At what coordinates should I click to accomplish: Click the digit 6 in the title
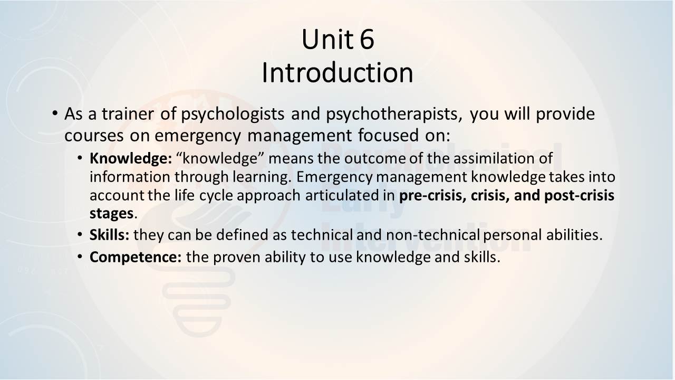tap(367, 40)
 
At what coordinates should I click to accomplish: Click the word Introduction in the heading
tap(337, 73)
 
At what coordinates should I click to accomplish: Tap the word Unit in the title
tap(327, 39)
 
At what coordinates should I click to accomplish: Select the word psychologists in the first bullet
tap(233, 115)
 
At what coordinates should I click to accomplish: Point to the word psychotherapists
tap(394, 115)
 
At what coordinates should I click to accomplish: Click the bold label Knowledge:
tap(131, 159)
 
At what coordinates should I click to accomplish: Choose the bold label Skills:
tap(109, 235)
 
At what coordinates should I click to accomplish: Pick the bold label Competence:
tap(136, 257)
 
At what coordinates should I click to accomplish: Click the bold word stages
tap(111, 214)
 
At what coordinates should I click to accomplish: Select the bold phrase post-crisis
tap(579, 195)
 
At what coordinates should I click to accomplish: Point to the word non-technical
tap(433, 235)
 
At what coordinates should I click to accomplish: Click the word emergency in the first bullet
tap(198, 136)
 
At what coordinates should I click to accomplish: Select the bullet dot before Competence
tap(80, 256)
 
